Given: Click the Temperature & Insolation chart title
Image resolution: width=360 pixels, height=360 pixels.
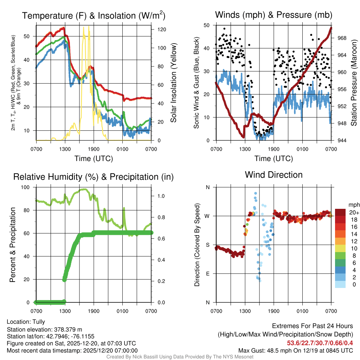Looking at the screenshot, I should [x=94, y=15].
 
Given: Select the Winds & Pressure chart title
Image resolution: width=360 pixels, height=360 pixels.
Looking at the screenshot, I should [x=274, y=15].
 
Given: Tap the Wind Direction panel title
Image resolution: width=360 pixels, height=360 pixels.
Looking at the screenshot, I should [x=274, y=175].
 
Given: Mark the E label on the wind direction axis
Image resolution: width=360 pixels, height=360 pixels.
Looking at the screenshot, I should [x=207, y=274].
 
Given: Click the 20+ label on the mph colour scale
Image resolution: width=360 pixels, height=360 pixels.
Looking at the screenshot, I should [x=354, y=212].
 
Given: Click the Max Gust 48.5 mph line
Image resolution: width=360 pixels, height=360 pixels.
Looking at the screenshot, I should [x=295, y=350].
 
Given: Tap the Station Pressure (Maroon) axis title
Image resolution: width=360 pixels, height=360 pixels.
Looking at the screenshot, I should [x=354, y=83].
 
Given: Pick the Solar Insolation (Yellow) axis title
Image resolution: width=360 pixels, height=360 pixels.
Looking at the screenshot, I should [x=173, y=83].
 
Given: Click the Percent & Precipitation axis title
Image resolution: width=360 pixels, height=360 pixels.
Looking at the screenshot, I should [x=12, y=245].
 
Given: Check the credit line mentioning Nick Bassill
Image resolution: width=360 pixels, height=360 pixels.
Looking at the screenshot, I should [x=180, y=357].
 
